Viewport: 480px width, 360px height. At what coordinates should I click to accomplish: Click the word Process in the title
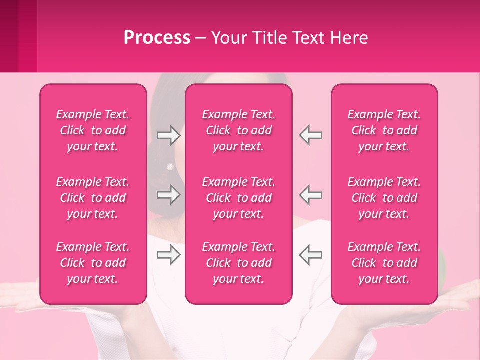[157, 38]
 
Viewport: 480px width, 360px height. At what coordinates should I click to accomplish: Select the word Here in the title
[349, 38]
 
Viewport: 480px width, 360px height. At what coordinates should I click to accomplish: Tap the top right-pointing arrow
[168, 135]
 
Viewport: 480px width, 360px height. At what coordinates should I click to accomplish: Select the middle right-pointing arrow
[168, 195]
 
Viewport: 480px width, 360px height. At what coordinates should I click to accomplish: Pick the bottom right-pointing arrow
[168, 255]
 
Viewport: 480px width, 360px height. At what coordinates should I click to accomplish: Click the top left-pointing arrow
[310, 135]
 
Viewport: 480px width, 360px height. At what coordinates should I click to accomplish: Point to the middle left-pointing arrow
[310, 195]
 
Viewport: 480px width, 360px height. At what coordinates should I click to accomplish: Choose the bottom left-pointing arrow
[310, 255]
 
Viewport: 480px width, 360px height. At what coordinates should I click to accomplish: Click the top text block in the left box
[93, 130]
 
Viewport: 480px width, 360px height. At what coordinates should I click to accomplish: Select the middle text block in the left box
[93, 198]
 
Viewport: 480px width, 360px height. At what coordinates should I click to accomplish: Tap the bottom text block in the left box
[93, 263]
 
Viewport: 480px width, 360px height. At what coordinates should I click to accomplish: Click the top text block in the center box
[239, 130]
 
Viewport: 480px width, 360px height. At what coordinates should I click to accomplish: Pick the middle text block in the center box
[239, 198]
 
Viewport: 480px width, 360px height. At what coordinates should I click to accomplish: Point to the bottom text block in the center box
[239, 263]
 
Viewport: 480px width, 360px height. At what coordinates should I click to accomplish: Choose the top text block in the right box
[384, 130]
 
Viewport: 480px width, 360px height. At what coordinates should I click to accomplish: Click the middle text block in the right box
[384, 198]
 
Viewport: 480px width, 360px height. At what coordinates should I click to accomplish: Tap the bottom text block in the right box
[384, 263]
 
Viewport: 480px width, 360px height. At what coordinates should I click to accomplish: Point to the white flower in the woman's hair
[170, 166]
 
